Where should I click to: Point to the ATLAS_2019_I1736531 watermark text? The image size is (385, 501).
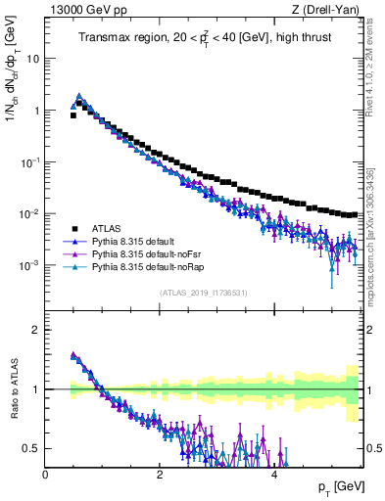(x=204, y=293)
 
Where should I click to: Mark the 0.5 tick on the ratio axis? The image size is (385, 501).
(x=33, y=448)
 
